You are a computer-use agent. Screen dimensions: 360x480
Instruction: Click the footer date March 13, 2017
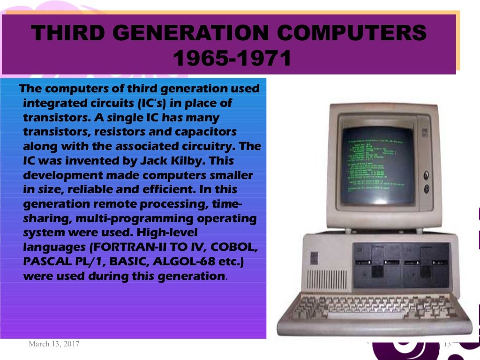[x=54, y=344]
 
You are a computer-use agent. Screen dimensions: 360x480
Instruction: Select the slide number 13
[x=447, y=344]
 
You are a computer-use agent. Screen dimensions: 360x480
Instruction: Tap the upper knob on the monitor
[x=427, y=176]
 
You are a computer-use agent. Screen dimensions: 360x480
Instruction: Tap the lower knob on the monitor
[x=427, y=189]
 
